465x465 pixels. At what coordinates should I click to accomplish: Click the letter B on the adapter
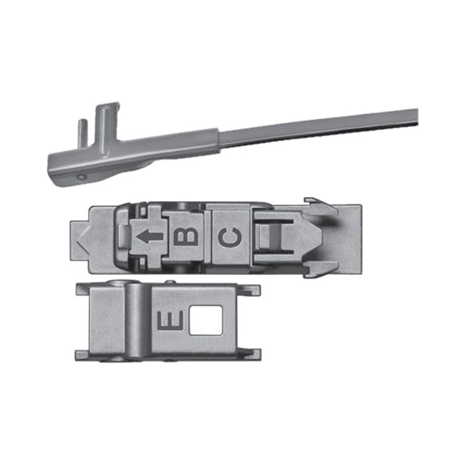coord(185,237)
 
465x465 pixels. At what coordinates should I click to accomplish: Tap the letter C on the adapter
coord(230,237)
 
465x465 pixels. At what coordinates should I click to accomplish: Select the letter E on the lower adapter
coord(170,321)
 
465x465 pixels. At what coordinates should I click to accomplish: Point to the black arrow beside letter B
coord(150,237)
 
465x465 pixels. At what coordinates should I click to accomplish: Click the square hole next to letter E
coord(206,320)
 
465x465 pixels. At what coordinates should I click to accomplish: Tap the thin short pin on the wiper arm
coord(83,134)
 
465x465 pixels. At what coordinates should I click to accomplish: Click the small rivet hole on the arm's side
coord(81,177)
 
